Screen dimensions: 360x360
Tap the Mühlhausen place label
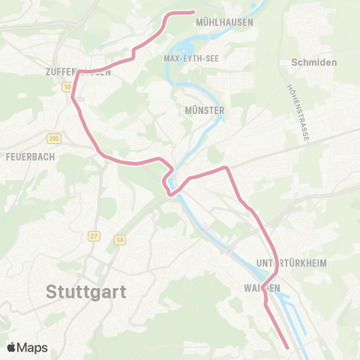(x=223, y=22)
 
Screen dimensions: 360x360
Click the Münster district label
(x=203, y=110)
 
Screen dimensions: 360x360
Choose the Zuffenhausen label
(x=83, y=73)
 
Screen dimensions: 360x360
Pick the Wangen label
(x=262, y=288)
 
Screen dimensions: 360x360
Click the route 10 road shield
(x=67, y=88)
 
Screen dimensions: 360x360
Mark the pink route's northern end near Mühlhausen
(x=193, y=12)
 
